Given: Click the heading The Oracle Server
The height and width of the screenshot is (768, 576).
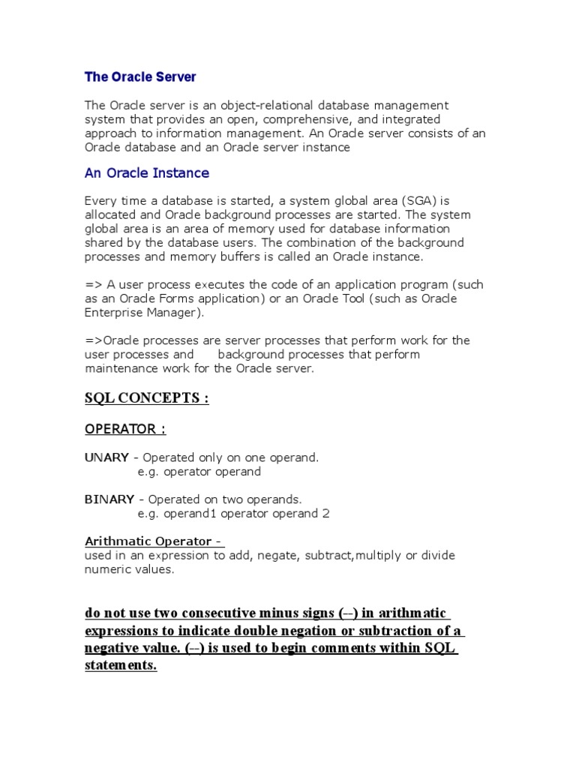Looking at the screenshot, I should click(140, 76).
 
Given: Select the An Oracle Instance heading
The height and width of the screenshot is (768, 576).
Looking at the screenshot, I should click(147, 173).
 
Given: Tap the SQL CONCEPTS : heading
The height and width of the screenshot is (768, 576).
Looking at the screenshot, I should click(147, 398).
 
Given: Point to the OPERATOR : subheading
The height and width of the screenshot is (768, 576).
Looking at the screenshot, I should click(125, 429).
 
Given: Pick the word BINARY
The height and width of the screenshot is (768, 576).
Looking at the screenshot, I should click(109, 499).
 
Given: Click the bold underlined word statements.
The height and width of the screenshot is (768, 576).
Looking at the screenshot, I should click(121, 666).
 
